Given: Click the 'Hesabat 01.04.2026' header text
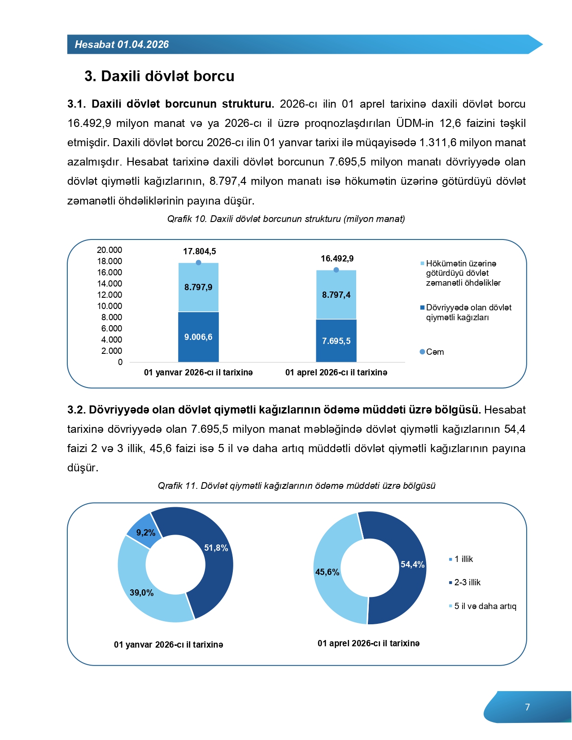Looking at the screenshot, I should point(122,44).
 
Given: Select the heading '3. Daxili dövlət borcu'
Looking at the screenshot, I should point(159,76).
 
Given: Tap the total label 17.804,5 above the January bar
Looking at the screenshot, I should point(199,252).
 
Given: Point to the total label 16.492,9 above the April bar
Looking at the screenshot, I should point(337,259).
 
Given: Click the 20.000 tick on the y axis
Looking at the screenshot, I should point(109,250).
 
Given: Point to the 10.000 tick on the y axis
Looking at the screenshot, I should point(109,306).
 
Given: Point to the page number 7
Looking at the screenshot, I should point(528,707).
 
